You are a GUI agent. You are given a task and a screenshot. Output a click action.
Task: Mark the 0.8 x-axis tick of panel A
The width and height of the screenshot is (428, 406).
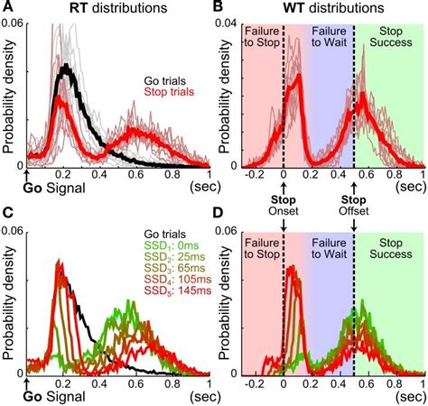click(169, 178)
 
